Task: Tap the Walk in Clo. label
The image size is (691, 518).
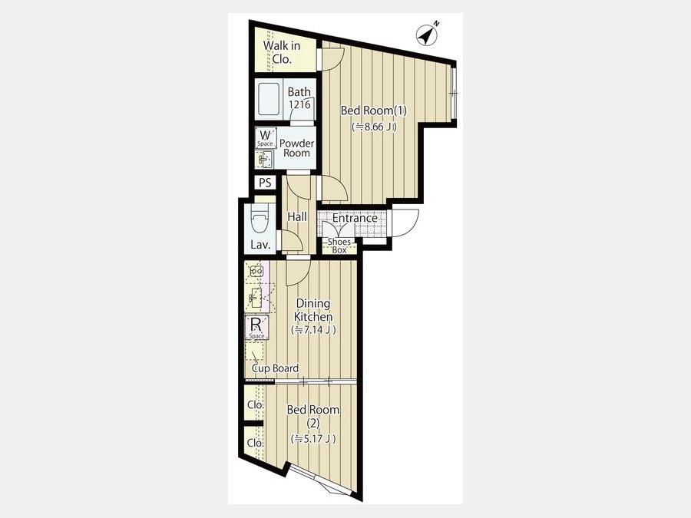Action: coord(282,52)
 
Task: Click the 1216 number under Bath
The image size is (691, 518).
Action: coord(299,104)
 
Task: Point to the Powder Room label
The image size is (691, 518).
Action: coord(296,148)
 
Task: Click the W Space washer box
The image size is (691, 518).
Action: coord(266,138)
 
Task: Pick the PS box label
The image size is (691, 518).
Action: coord(265,183)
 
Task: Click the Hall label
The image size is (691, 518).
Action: coord(297,216)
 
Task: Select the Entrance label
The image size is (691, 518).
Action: coord(355,218)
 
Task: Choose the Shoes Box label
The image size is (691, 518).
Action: coord(339,246)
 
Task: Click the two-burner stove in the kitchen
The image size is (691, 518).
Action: coord(256,271)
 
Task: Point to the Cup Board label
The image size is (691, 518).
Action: coord(276,368)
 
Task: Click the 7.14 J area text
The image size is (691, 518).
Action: coord(313,329)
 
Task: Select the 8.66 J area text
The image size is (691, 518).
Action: coord(374,127)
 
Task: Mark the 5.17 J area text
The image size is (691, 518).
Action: coord(313,439)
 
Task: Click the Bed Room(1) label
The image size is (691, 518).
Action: coord(374,110)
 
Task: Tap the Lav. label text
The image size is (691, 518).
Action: coord(260,245)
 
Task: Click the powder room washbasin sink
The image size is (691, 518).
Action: coord(265,159)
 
